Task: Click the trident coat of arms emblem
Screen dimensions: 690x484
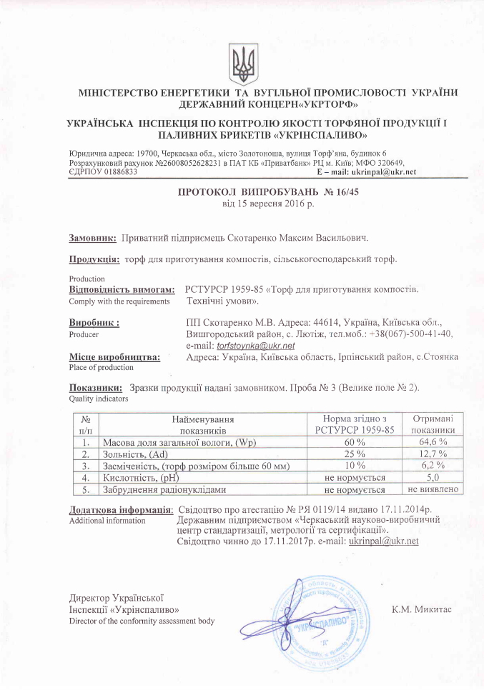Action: click(242, 62)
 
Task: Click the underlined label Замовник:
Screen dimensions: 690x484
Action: click(92, 237)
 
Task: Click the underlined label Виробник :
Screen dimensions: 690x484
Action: click(94, 323)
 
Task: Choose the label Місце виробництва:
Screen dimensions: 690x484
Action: click(114, 356)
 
